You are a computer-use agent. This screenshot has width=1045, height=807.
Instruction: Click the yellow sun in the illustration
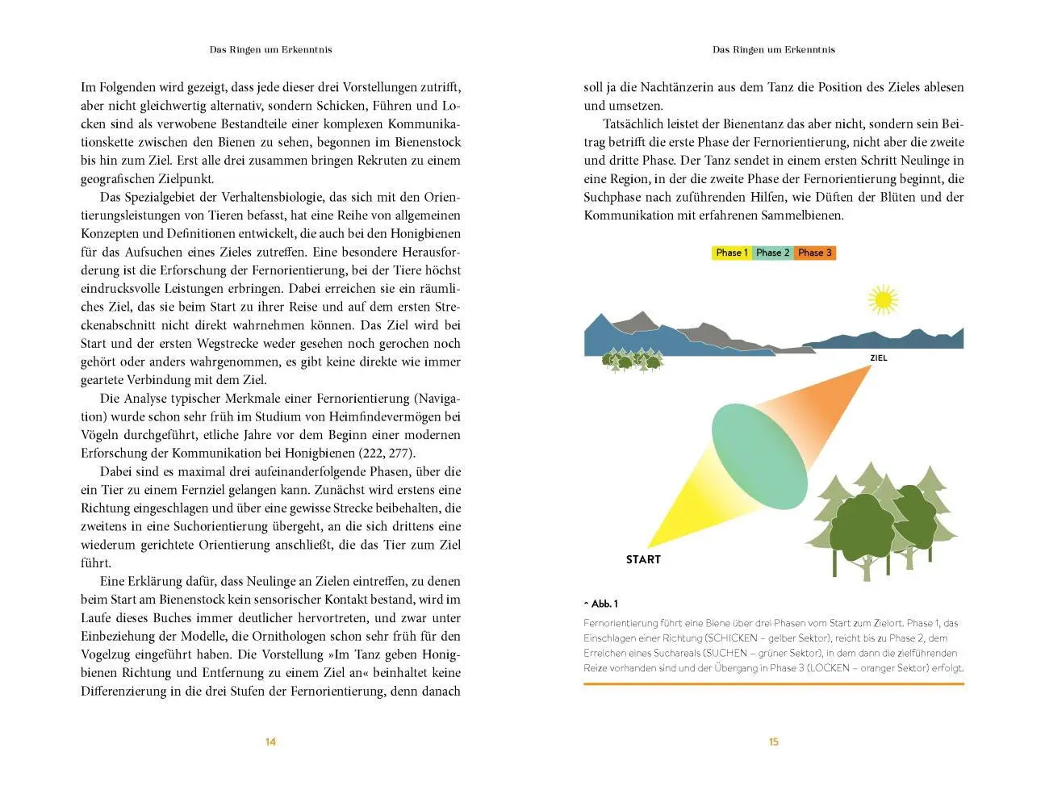pos(882,300)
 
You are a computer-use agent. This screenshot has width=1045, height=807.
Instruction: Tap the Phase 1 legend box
pos(732,253)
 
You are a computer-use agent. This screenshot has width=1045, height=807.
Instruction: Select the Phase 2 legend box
pos(773,253)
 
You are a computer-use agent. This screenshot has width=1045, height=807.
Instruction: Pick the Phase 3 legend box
pos(814,253)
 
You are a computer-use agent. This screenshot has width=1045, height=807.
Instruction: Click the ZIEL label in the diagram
pos(879,358)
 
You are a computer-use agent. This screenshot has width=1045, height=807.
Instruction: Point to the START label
pos(643,559)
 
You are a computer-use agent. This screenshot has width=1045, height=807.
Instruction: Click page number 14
pos(270,742)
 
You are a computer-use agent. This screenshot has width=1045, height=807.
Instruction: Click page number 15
pos(773,742)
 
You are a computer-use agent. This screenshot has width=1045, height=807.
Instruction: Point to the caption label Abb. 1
pos(602,604)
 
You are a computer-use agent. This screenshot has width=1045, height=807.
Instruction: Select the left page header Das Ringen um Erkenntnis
pos(270,49)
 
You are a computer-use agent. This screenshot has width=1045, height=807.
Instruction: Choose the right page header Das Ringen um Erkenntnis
pos(773,49)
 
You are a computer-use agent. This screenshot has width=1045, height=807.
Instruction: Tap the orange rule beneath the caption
pos(773,684)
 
